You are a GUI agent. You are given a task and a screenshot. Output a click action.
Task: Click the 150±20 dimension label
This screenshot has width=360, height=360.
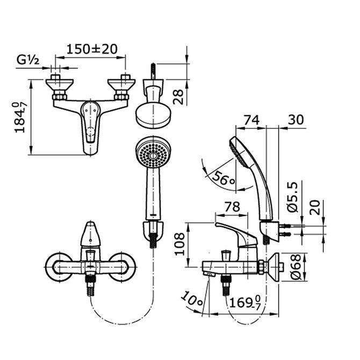pos(92,48)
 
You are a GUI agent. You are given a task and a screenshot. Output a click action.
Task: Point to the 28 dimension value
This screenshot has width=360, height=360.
pos(178,96)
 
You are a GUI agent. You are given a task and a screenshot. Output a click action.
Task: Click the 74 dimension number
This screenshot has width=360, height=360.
pos(250,120)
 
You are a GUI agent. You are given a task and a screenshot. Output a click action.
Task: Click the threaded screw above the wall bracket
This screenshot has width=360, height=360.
pos(153,73)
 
